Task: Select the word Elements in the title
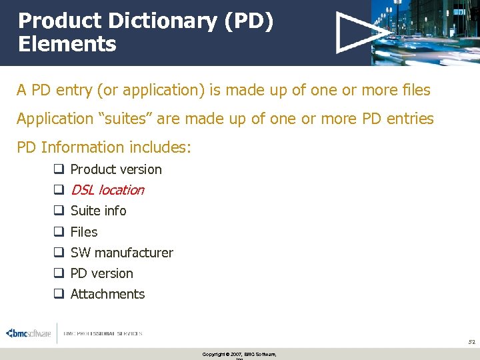point(67,45)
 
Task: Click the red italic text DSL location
point(107,190)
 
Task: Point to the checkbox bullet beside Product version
point(59,169)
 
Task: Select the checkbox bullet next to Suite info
point(59,211)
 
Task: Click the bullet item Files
point(84,232)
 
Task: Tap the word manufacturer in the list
point(134,253)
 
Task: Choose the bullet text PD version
point(102,273)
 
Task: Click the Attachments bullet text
point(107,294)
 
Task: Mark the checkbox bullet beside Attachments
point(59,294)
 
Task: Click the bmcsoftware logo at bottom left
point(28,333)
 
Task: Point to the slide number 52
point(471,341)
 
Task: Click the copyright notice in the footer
point(239,354)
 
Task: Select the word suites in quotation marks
point(125,119)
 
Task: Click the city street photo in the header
point(427,32)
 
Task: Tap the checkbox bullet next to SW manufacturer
point(59,253)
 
